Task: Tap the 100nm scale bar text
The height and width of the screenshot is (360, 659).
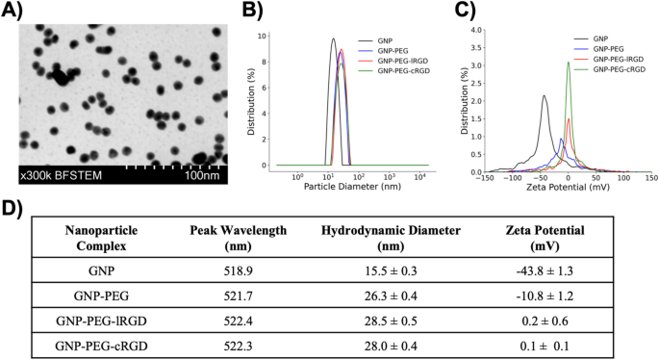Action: (204, 176)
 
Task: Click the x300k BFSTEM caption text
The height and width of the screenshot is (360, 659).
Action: (57, 176)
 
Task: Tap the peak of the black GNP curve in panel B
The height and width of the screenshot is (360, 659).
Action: (333, 39)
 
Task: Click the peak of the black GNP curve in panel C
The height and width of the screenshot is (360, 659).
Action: (544, 95)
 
